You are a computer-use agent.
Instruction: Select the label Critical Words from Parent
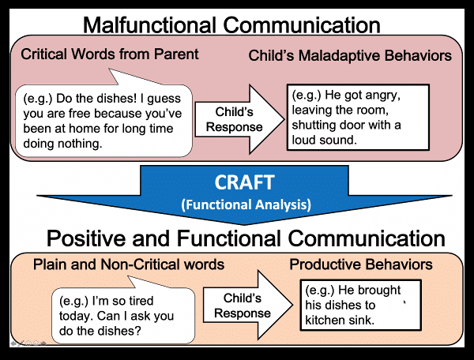[x=110, y=54]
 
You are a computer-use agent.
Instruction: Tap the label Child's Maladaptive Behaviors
[x=350, y=56]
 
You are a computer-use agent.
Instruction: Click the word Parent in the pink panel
[x=178, y=54]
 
